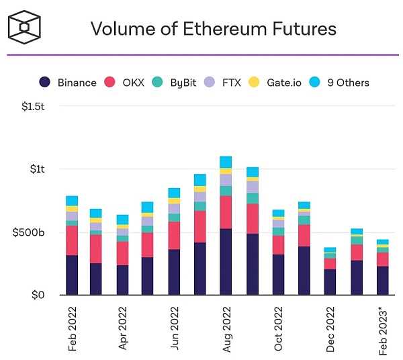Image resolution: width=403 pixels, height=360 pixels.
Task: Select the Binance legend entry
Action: click(x=67, y=83)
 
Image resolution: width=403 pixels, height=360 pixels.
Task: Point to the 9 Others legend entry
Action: click(x=339, y=83)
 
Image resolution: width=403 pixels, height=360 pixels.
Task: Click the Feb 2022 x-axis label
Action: click(x=72, y=329)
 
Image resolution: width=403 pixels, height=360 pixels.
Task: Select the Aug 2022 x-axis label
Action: click(x=226, y=329)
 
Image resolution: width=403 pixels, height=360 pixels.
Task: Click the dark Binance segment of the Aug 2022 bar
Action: click(x=226, y=262)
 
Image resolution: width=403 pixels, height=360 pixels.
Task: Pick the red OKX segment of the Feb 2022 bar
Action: click(x=72, y=240)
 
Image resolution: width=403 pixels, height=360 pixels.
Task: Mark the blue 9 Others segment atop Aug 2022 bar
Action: click(x=226, y=162)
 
